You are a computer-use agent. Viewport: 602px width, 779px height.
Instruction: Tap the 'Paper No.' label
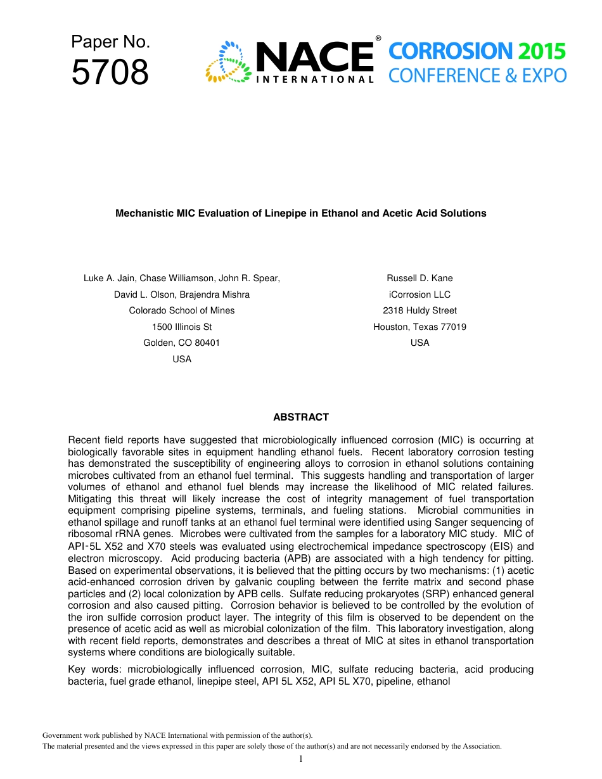pyautogui.click(x=110, y=42)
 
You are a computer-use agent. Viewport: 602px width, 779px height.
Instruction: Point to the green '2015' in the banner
pyautogui.click(x=539, y=51)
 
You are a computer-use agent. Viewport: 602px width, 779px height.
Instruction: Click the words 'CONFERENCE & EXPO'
pyautogui.click(x=477, y=76)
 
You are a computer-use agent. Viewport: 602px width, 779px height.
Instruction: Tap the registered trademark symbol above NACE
pyautogui.click(x=378, y=39)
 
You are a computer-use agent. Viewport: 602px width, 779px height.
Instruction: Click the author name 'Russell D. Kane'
pyautogui.click(x=419, y=278)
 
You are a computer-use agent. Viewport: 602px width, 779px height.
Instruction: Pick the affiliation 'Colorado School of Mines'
pyautogui.click(x=182, y=310)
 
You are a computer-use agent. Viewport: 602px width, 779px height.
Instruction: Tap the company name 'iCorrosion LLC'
pyautogui.click(x=419, y=294)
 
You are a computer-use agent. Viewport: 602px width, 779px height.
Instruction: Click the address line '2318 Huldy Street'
pyautogui.click(x=419, y=310)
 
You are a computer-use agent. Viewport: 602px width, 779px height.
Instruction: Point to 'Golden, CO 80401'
pyautogui.click(x=182, y=343)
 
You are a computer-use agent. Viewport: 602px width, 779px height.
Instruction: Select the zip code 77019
pyautogui.click(x=453, y=327)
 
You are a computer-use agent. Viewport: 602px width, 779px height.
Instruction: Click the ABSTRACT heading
pyautogui.click(x=301, y=417)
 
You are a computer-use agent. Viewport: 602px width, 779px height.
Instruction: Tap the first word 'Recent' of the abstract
pyautogui.click(x=84, y=440)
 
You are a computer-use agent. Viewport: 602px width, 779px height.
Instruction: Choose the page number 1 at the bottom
pyautogui.click(x=301, y=759)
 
